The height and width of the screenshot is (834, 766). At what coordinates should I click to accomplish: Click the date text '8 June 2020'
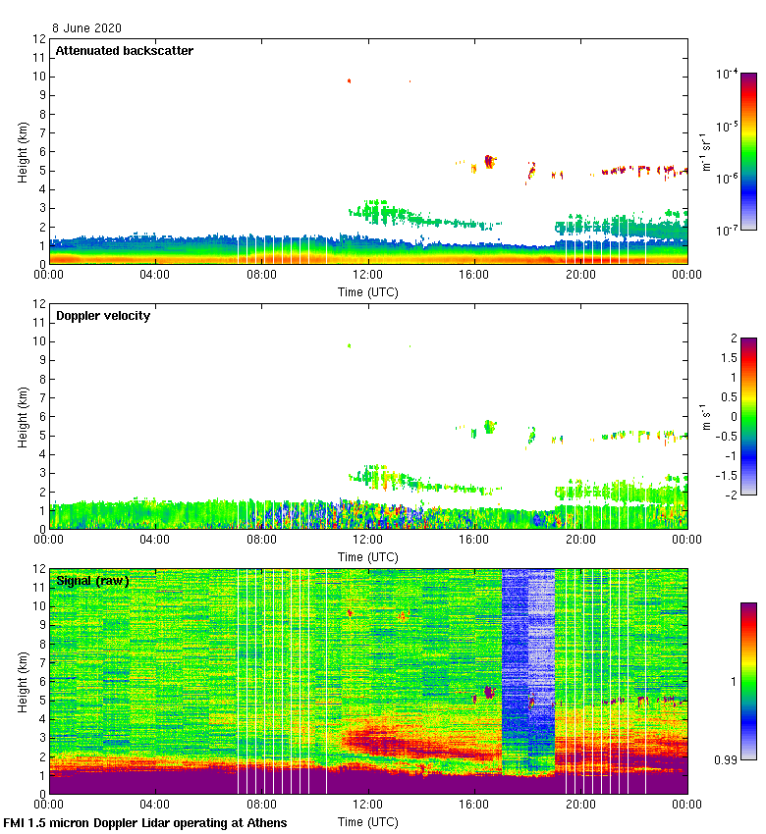(87, 28)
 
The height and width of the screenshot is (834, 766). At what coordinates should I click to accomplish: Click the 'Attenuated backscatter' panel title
(124, 50)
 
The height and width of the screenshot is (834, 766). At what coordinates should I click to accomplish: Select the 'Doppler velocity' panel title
(102, 316)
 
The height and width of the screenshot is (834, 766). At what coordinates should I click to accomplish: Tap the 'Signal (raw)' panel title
(92, 581)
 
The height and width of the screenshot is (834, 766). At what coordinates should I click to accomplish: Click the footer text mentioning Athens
(145, 822)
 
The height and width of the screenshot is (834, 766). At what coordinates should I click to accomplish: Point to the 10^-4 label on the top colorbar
(727, 74)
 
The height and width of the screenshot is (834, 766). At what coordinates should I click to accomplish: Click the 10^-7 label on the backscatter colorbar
(727, 230)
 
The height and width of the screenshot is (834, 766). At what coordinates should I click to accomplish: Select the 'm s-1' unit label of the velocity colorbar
(703, 416)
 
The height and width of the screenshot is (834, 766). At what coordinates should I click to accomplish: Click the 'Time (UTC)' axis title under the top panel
(368, 291)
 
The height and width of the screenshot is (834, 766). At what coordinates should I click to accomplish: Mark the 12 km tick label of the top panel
(39, 39)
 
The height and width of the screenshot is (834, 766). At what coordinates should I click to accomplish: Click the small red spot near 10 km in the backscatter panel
(349, 81)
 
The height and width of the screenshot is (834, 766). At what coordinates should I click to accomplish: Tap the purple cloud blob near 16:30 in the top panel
(489, 162)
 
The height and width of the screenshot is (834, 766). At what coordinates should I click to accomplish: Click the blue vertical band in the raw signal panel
(527, 667)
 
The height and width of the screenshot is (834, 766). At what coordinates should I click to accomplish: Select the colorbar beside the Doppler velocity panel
(748, 416)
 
